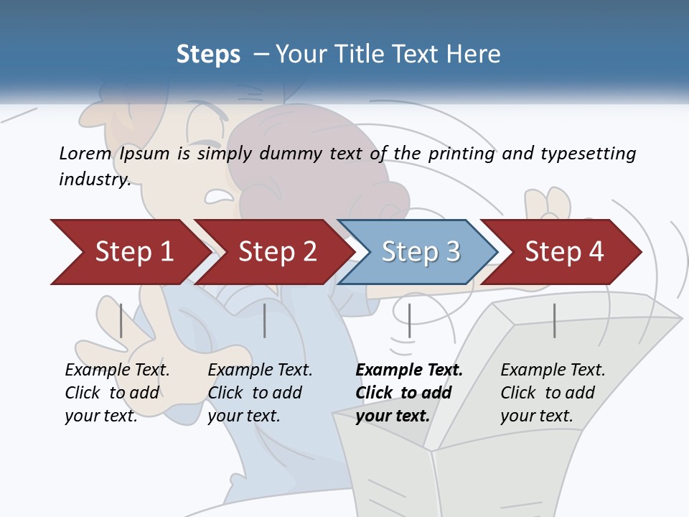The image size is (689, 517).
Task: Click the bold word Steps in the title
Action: tap(208, 55)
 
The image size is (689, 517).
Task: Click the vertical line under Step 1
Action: tap(121, 320)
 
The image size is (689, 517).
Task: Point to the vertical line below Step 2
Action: tap(265, 320)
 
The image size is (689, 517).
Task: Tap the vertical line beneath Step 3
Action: tap(409, 320)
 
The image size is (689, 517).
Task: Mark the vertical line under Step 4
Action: tap(554, 320)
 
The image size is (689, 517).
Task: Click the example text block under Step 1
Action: tap(117, 393)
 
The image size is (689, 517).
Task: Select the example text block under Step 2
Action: tap(260, 393)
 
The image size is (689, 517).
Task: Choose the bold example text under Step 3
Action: tap(409, 393)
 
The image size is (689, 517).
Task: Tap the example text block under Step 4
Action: tap(553, 393)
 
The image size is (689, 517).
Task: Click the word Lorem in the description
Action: tap(85, 154)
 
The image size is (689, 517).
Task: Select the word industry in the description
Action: tap(95, 180)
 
